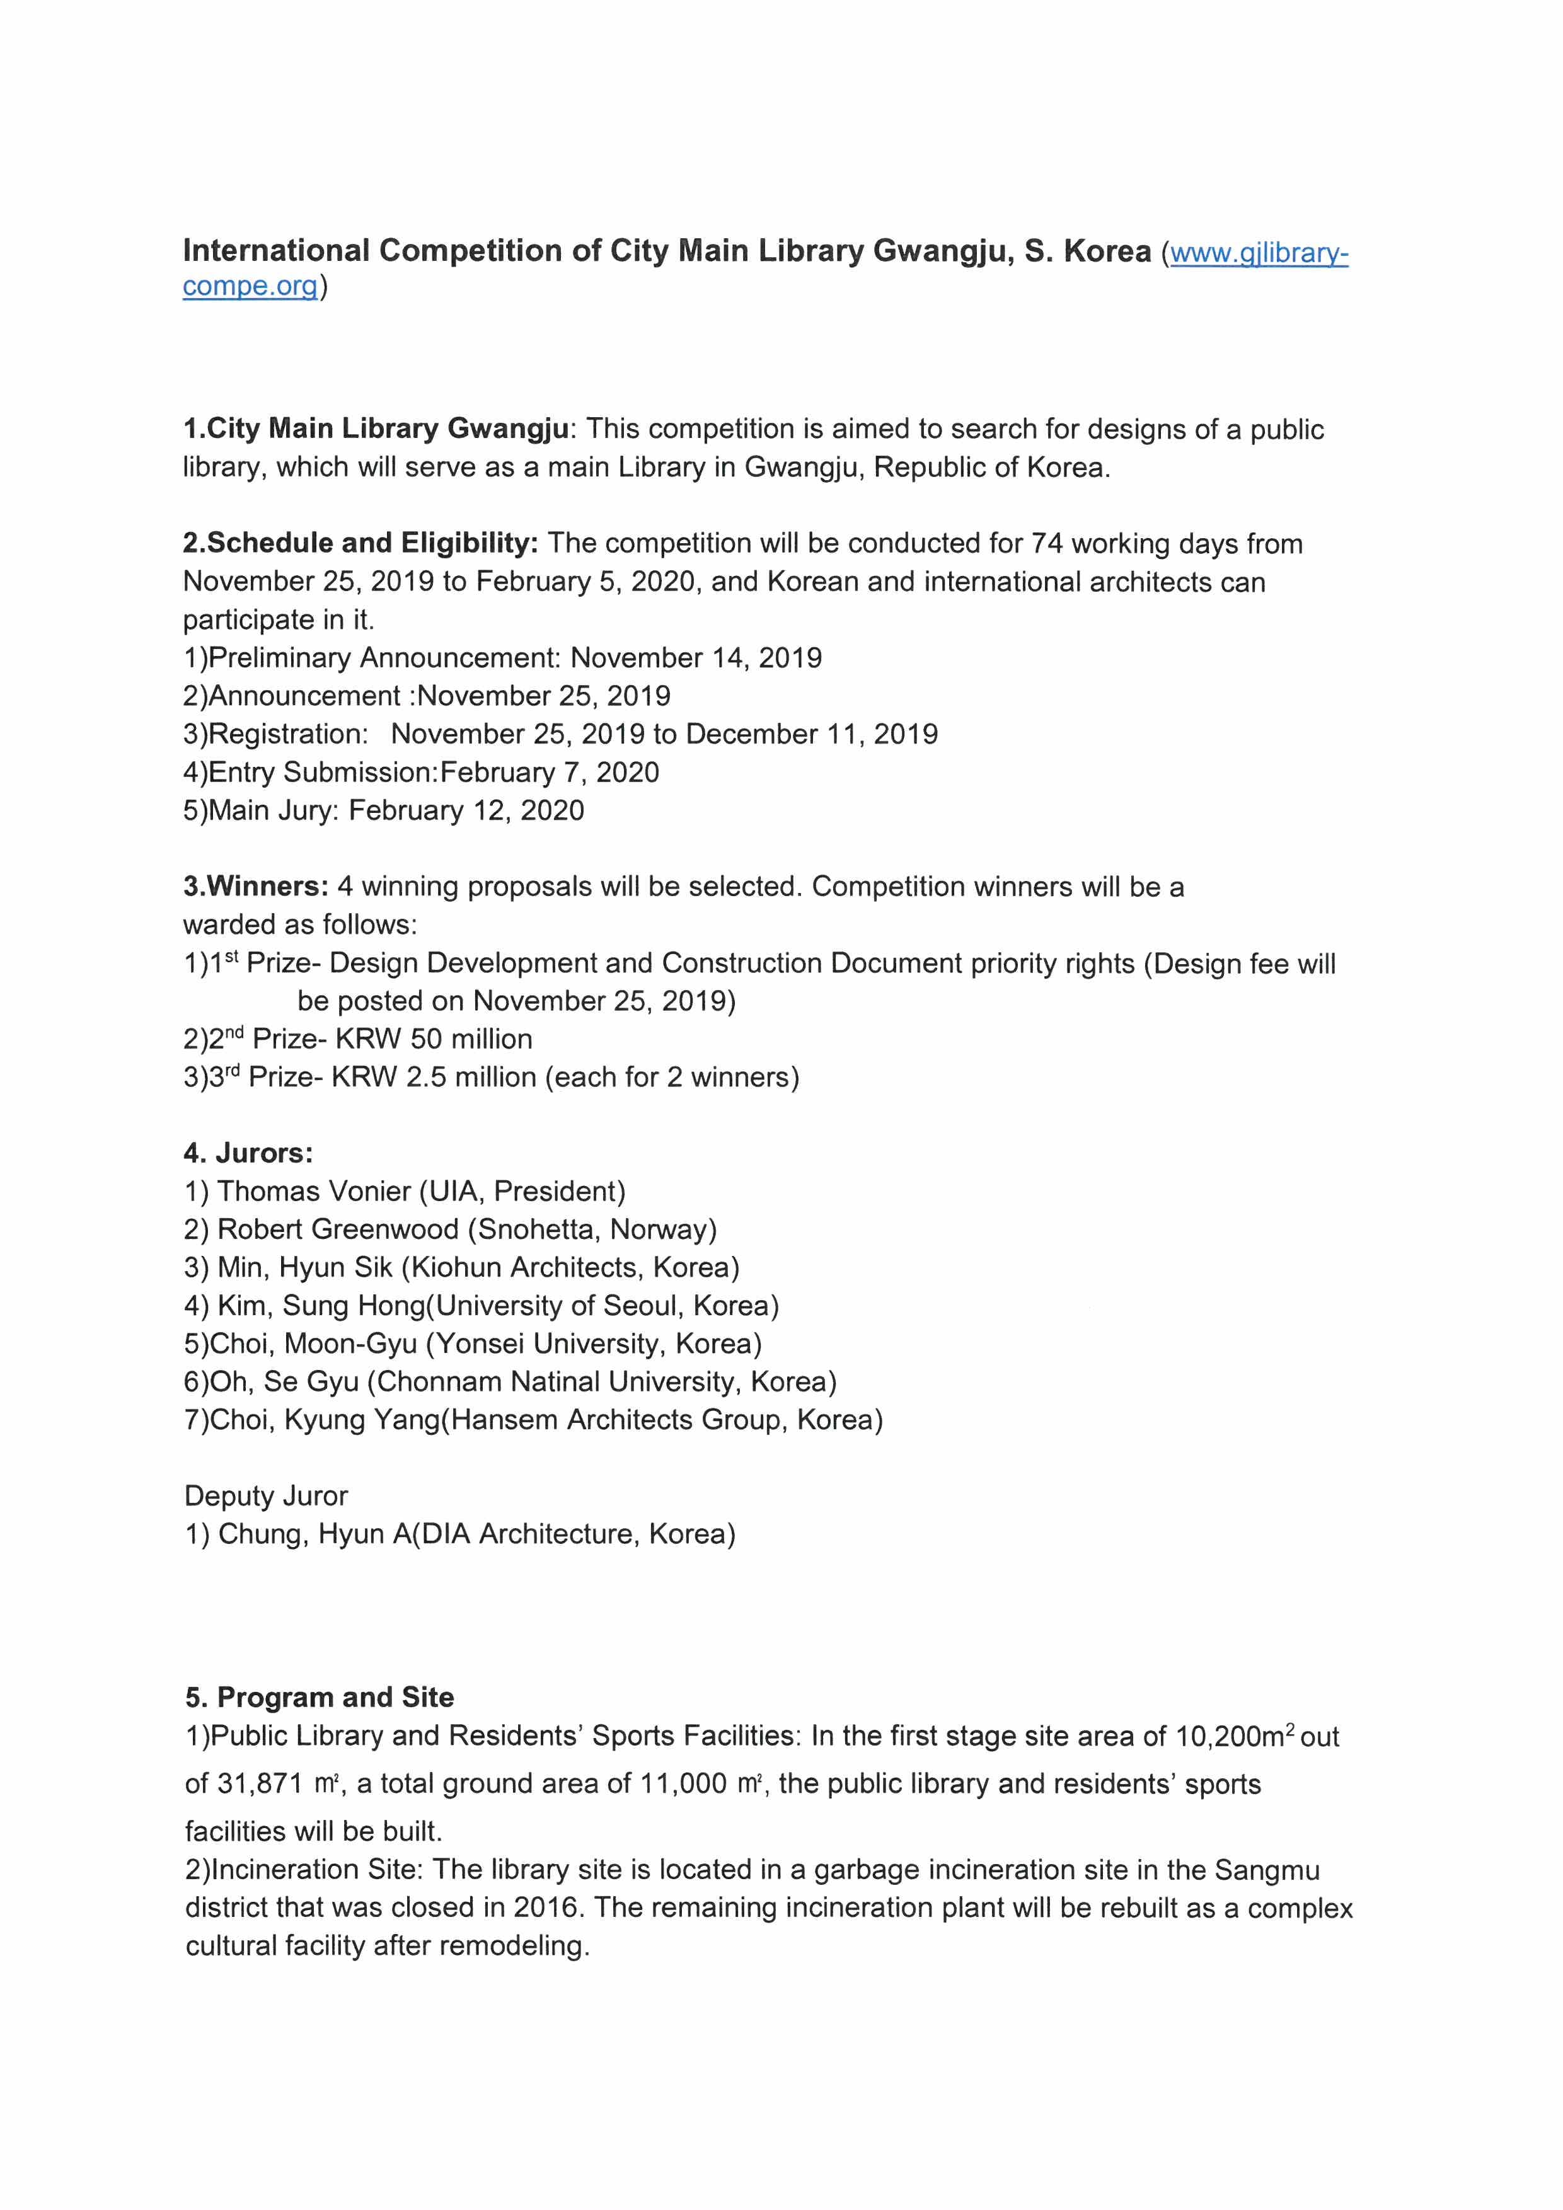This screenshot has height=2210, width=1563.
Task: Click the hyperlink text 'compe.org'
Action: (x=250, y=287)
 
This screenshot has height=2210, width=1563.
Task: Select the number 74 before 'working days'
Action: (x=1046, y=544)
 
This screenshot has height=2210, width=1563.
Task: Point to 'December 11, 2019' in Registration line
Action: (x=811, y=734)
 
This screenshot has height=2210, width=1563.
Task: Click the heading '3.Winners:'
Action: (x=255, y=887)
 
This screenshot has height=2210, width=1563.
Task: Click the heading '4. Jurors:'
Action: (x=248, y=1153)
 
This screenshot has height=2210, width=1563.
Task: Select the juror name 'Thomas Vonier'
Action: (x=314, y=1192)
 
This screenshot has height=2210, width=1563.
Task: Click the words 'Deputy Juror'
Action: (x=265, y=1497)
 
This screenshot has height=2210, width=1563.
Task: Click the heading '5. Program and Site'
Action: (x=320, y=1697)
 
